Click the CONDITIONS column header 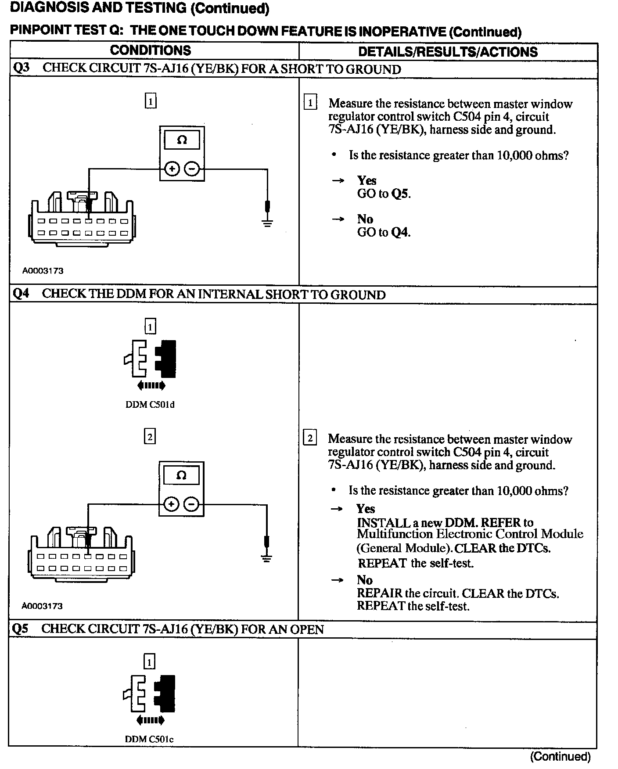point(151,50)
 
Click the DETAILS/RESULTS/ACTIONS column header point(448,52)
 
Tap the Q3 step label point(21,68)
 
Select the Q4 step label point(21,294)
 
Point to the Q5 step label point(20,629)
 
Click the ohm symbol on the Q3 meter point(182,140)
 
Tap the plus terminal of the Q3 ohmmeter point(172,169)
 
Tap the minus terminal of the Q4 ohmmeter point(191,504)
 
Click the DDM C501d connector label point(150,405)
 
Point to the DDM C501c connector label point(149,739)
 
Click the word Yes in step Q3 point(366,180)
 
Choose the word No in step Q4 point(364,580)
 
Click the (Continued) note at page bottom point(561,756)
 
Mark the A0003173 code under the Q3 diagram point(43,271)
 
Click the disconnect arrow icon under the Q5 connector point(151,720)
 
